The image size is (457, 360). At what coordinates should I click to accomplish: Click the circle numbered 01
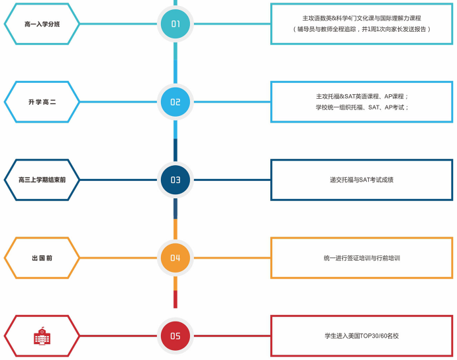(176, 25)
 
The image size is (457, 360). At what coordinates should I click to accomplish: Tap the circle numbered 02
(176, 102)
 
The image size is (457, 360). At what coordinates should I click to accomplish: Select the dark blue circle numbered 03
(176, 180)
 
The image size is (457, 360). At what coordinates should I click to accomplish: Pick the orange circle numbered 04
(176, 258)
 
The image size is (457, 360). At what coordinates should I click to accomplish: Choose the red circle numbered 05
(176, 335)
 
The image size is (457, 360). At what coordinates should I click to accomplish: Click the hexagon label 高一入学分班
(42, 25)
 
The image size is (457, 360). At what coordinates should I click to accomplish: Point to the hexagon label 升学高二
(42, 102)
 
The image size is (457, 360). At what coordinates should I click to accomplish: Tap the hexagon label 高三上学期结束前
(42, 180)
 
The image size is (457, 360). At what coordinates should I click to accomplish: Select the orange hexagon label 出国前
(42, 258)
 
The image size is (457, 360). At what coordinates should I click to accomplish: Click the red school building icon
(42, 336)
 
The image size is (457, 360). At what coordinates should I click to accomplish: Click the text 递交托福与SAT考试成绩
(362, 180)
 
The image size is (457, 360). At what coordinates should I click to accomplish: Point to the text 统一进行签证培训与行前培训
(362, 258)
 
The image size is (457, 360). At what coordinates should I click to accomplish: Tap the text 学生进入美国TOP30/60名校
(362, 336)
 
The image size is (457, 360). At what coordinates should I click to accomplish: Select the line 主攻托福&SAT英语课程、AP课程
(362, 96)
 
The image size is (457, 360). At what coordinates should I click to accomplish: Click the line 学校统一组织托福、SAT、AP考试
(362, 107)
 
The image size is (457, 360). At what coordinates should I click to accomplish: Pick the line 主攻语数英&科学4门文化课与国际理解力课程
(362, 18)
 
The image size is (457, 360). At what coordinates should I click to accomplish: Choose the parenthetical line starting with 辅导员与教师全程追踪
(362, 29)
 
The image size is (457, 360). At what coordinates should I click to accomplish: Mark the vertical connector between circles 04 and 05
(176, 297)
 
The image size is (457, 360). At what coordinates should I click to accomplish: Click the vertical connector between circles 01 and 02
(176, 63)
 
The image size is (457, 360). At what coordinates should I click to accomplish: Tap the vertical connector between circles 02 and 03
(176, 141)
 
